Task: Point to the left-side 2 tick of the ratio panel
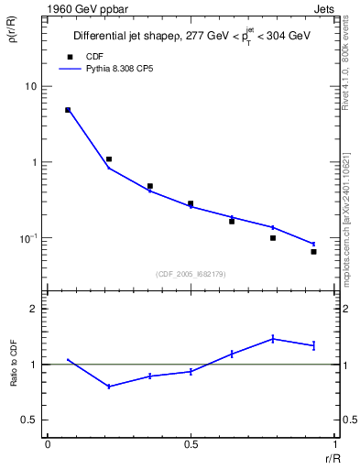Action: point(36,309)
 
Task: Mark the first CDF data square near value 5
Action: point(68,110)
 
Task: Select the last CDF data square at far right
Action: point(313,251)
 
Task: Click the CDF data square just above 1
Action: point(109,159)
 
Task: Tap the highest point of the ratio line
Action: point(273,339)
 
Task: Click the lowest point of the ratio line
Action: point(109,387)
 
